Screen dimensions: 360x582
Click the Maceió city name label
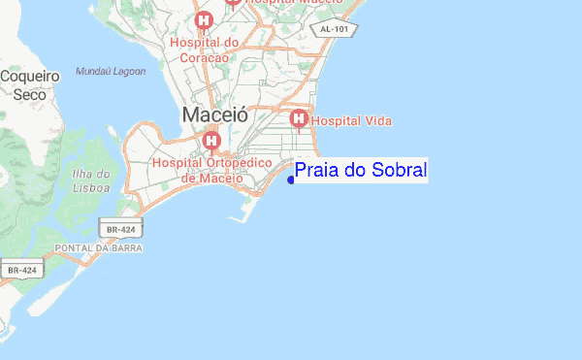click(214, 115)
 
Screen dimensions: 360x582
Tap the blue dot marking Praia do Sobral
click(291, 179)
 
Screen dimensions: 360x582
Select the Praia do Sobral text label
click(360, 171)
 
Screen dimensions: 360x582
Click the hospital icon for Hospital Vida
click(299, 119)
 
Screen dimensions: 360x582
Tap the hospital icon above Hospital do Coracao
click(204, 20)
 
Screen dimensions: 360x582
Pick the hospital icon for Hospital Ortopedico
click(211, 143)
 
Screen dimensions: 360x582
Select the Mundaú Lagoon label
click(111, 71)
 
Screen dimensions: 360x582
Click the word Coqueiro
click(30, 76)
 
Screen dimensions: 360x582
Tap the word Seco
click(30, 94)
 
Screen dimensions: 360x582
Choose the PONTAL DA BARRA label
click(99, 248)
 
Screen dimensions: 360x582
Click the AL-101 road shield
click(338, 30)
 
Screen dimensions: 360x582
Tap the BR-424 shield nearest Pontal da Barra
click(120, 228)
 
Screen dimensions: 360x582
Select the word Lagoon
click(127, 71)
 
